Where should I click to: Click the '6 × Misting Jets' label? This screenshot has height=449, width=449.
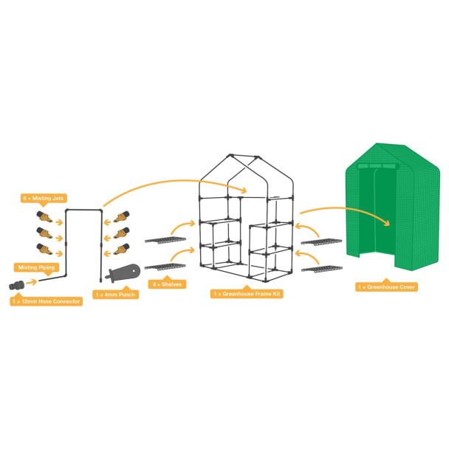pos(44,198)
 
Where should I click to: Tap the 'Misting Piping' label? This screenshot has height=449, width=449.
pos(36,267)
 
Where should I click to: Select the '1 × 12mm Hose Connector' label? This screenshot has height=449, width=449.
pos(47,301)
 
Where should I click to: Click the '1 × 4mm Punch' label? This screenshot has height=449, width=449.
pos(115,295)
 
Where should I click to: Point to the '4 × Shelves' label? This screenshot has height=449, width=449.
pos(167,284)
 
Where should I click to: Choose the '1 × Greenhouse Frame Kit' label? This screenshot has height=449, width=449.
pos(247,293)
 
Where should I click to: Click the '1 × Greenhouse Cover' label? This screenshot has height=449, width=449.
pos(386,287)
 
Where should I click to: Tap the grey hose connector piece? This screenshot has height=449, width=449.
pos(16,285)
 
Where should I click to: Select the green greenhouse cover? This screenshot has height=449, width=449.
pos(393,207)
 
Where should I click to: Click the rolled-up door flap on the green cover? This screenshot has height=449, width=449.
pos(378,166)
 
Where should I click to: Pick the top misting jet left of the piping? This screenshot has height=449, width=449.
pos(44,217)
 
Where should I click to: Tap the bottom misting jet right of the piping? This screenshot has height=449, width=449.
pos(122,249)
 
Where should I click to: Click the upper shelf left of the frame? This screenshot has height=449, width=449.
pos(165,240)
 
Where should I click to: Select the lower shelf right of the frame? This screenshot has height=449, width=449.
pos(322,269)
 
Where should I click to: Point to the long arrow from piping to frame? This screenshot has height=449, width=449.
pos(175,181)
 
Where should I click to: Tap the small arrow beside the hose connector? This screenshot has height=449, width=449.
pos(32,282)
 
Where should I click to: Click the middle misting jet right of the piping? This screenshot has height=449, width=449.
pos(122,233)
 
